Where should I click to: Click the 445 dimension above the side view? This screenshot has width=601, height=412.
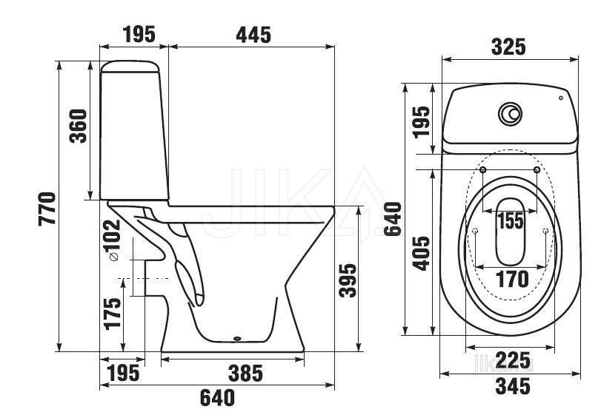(x=253, y=36)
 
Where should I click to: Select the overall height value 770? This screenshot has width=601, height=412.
(x=47, y=209)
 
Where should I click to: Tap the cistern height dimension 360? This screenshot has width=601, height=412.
(x=79, y=126)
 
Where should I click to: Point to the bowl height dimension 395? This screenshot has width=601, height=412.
(x=348, y=280)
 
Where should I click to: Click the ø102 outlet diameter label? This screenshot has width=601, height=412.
(x=113, y=240)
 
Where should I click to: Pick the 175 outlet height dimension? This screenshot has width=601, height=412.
(x=113, y=314)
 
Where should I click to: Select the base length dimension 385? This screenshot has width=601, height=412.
(x=246, y=374)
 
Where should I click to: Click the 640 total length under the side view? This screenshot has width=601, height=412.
(x=217, y=398)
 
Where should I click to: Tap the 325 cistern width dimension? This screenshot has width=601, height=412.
(x=508, y=47)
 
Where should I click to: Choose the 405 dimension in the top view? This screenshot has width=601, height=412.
(x=422, y=253)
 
